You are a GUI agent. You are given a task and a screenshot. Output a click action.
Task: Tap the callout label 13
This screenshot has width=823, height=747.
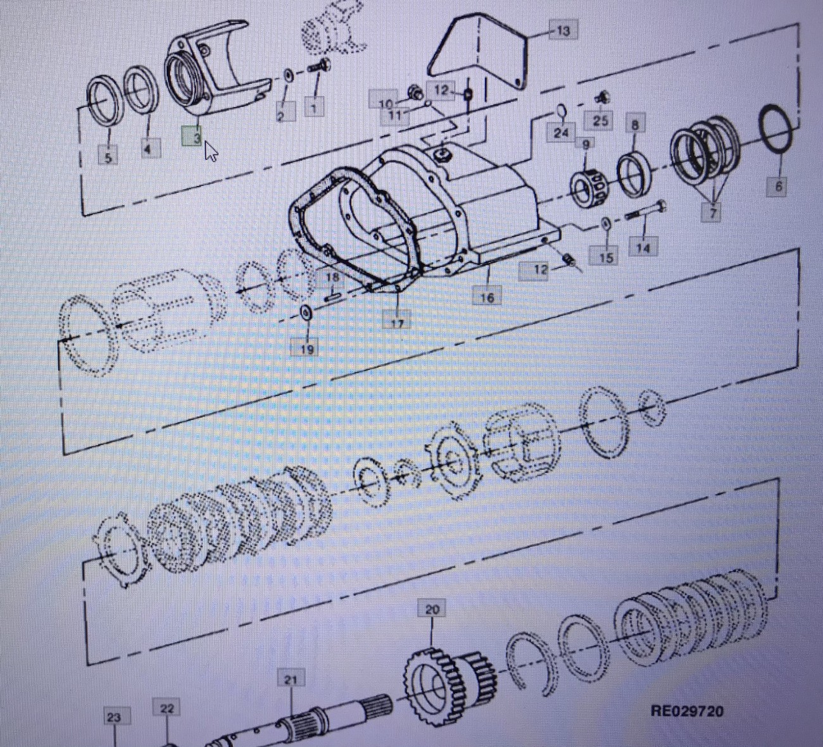point(563,31)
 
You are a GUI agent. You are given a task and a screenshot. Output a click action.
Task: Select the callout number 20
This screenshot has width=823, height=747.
point(432,609)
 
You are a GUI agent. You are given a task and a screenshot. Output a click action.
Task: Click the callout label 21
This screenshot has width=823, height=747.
point(291,679)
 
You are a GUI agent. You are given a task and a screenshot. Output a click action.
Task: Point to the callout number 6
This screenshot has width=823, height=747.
point(778,186)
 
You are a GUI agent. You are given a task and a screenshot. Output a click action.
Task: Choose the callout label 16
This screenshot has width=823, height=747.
point(487,296)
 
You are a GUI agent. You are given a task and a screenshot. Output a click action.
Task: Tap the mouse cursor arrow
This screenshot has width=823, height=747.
point(211,151)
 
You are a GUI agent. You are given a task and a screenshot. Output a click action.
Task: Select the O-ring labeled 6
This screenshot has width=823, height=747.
point(777,135)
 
